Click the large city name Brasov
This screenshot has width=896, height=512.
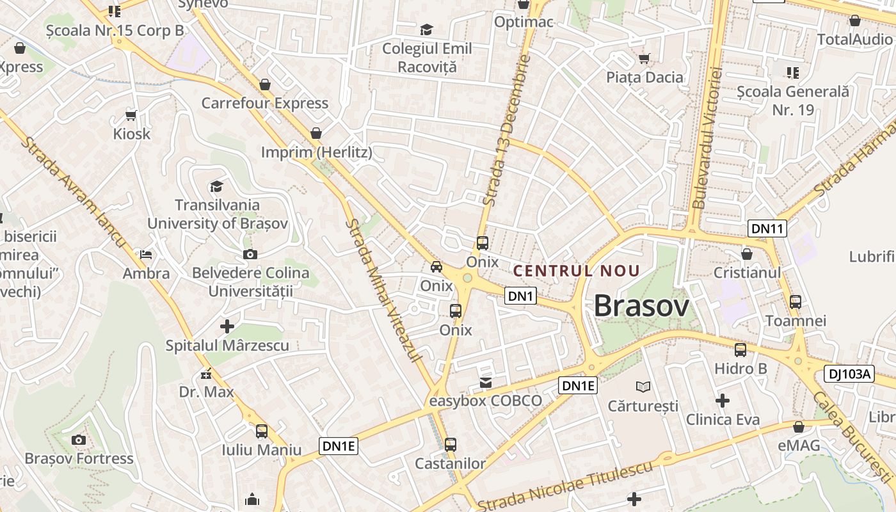(641, 306)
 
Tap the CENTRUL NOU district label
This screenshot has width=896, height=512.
(577, 271)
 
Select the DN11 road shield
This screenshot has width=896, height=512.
(767, 228)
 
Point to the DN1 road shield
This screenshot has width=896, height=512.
(520, 296)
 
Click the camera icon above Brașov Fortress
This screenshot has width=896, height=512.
(79, 440)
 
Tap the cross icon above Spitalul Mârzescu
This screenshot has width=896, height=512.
(227, 326)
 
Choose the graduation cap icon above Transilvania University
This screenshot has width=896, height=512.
(217, 186)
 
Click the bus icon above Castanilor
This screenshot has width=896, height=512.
(451, 444)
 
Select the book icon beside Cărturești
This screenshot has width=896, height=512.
(643, 387)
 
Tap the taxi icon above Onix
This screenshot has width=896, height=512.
(436, 266)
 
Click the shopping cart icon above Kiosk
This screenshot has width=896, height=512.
(131, 115)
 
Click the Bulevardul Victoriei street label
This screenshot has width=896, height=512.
(707, 137)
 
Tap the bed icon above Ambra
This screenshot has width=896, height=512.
(147, 254)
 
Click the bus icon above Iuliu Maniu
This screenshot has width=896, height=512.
(261, 431)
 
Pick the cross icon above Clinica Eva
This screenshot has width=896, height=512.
(723, 401)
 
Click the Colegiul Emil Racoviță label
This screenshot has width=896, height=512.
(427, 57)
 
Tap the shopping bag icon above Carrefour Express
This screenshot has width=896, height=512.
(265, 84)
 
